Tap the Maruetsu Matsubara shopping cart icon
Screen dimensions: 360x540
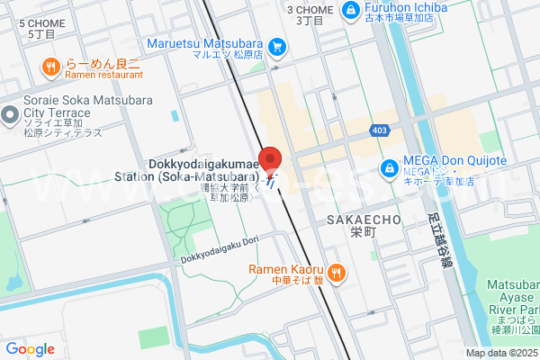pos(277,45)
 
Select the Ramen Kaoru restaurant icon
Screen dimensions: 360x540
pos(336,273)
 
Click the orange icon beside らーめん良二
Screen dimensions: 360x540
pos(50,66)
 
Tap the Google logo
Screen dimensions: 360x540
pos(30,349)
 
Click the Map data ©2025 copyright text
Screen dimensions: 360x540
pos(500,352)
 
